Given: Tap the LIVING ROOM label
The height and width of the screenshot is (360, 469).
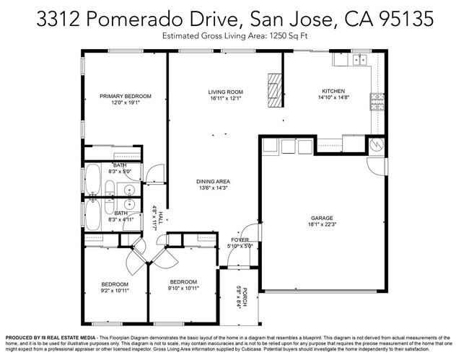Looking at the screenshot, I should [x=225, y=92].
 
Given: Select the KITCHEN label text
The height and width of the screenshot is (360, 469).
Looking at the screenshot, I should [x=333, y=92].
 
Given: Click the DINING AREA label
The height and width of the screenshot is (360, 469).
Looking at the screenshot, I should [x=213, y=181].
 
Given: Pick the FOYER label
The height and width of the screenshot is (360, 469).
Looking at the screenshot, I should [x=240, y=240].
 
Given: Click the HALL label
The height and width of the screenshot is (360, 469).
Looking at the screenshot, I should [x=161, y=218].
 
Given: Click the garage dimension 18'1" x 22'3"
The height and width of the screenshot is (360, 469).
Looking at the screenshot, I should [x=322, y=224].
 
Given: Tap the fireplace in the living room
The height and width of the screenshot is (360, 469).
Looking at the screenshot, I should [x=273, y=89].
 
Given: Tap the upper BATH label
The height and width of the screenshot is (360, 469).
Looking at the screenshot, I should [x=120, y=165].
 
